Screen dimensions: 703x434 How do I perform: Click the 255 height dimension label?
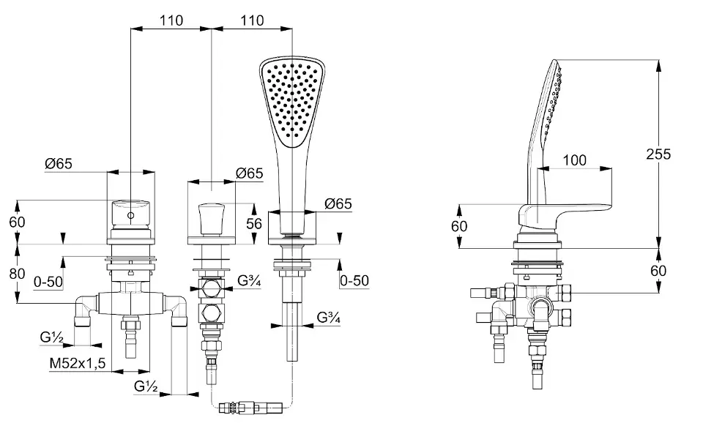(x=658, y=154)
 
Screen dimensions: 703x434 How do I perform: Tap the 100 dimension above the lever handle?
(x=574, y=160)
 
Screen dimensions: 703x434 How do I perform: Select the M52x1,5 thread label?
(x=77, y=363)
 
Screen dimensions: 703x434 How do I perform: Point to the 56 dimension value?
(x=254, y=223)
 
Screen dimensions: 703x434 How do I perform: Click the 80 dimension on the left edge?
(x=17, y=273)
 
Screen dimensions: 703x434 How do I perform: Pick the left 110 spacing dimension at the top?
(x=171, y=20)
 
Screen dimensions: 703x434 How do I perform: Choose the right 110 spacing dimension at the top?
(x=252, y=20)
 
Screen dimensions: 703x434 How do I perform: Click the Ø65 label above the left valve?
(x=59, y=163)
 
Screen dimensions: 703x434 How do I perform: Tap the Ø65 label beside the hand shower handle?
(x=338, y=203)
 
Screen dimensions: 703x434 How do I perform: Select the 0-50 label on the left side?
(x=48, y=282)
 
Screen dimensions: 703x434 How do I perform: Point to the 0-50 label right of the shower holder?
(x=354, y=281)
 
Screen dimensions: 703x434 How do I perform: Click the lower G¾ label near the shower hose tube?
(x=328, y=318)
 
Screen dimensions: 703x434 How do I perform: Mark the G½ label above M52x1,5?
(x=51, y=337)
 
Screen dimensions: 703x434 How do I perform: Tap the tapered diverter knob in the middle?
(x=212, y=219)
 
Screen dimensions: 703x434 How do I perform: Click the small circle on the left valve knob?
(x=130, y=216)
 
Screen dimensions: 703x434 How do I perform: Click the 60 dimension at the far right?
(x=658, y=271)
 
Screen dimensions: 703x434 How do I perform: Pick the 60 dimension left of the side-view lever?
(x=460, y=226)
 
